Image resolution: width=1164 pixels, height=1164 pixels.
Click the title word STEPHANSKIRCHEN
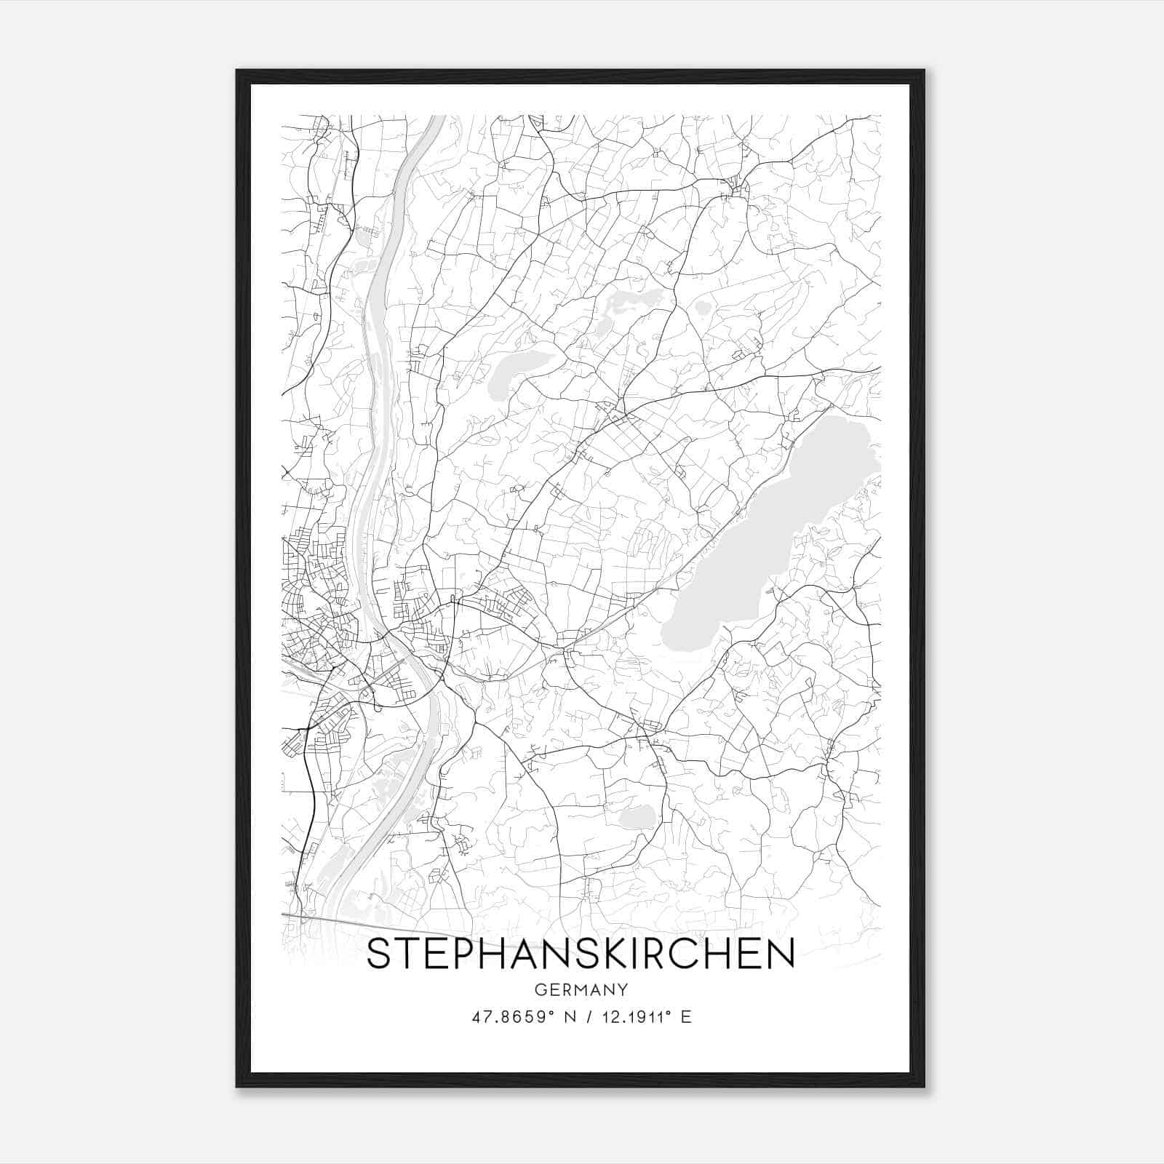pyautogui.click(x=581, y=954)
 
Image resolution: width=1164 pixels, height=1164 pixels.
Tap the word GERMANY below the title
pyautogui.click(x=581, y=989)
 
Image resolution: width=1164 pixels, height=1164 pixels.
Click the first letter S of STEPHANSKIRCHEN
pyautogui.click(x=380, y=954)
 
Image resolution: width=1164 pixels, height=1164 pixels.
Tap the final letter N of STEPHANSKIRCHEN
pyautogui.click(x=780, y=954)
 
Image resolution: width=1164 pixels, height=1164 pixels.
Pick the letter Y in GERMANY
pyautogui.click(x=623, y=989)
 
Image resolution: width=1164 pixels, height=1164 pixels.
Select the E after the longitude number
pyautogui.click(x=685, y=1017)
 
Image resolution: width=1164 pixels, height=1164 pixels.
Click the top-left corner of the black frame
pyautogui.click(x=238, y=71)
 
